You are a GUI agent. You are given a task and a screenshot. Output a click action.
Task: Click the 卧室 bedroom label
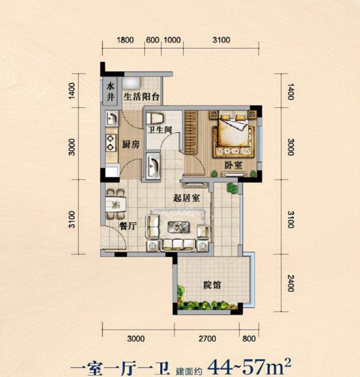(x=233, y=165)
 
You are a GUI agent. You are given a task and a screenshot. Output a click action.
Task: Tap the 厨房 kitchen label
(x=131, y=144)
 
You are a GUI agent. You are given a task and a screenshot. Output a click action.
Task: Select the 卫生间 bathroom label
(x=160, y=130)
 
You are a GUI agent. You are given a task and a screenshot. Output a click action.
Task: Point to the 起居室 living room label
(x=187, y=198)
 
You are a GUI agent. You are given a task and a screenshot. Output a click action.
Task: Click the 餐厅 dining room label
(x=128, y=226)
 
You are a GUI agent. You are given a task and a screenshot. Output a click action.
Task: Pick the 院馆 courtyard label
(x=212, y=285)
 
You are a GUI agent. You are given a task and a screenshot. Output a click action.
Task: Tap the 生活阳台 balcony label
(x=142, y=96)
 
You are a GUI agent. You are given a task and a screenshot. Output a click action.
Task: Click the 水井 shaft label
(x=110, y=92)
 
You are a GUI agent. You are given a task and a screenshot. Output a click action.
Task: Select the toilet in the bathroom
(x=155, y=119)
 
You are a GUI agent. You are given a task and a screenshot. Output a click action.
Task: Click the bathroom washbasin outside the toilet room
(x=153, y=165)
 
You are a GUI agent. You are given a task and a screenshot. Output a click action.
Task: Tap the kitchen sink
(x=112, y=118)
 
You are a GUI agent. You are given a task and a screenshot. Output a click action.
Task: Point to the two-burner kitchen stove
(x=111, y=143)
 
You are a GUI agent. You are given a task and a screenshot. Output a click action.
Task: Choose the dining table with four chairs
(x=116, y=204)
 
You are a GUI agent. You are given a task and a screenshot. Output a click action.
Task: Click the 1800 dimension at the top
(x=125, y=40)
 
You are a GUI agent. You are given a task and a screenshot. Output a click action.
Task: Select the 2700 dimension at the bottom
(x=207, y=339)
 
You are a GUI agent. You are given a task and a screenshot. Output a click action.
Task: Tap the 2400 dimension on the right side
(x=290, y=283)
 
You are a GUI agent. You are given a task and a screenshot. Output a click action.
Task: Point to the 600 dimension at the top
(x=153, y=40)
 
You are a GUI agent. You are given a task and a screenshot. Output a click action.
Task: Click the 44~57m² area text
(x=250, y=366)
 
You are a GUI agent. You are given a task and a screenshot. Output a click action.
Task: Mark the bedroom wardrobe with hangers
(x=191, y=131)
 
